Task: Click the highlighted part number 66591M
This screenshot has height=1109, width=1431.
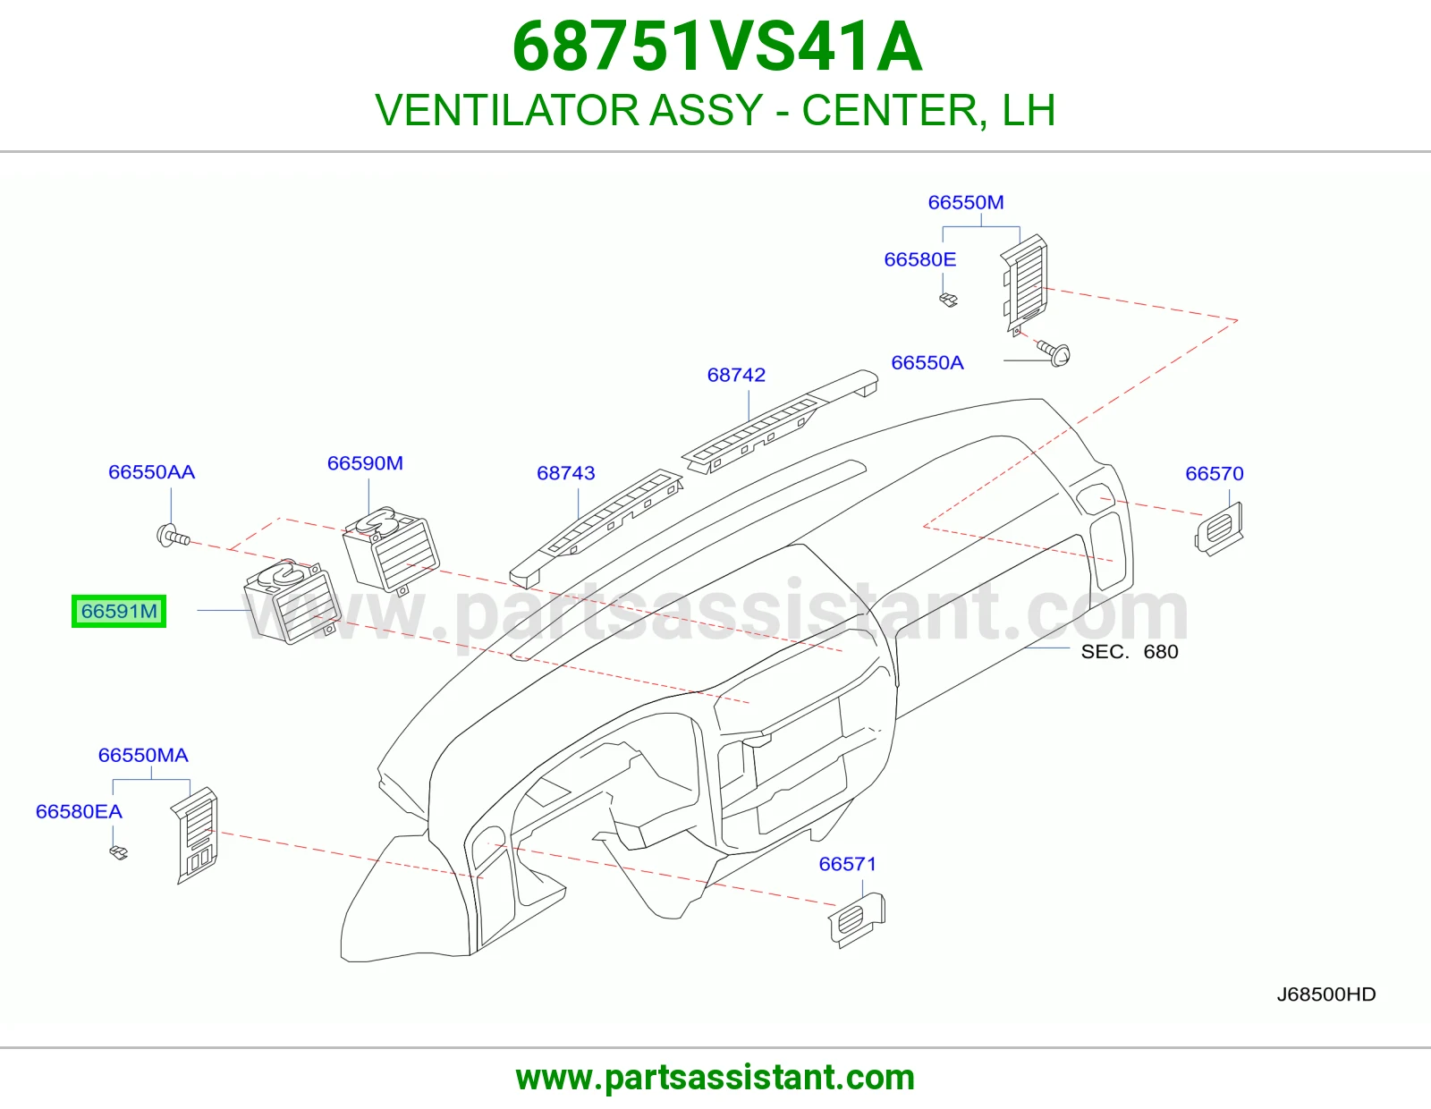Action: tap(119, 611)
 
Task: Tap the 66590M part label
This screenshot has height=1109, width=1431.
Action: tap(365, 463)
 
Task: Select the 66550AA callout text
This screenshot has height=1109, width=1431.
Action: tap(151, 472)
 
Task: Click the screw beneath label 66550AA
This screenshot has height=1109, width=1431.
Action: tap(174, 536)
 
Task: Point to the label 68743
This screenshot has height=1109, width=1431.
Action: tap(565, 473)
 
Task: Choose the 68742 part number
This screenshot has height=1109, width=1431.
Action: tap(736, 375)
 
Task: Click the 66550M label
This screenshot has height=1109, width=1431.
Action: tap(966, 202)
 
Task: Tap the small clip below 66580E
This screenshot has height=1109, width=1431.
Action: tap(948, 301)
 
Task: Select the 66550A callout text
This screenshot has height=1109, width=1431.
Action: tap(927, 363)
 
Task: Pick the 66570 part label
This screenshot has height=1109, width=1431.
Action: tap(1215, 473)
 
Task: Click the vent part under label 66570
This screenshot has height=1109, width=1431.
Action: tap(1219, 529)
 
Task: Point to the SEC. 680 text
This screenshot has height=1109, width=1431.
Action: tap(1130, 651)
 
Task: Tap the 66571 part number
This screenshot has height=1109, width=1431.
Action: tap(848, 864)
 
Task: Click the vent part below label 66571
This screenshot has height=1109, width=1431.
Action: tap(857, 919)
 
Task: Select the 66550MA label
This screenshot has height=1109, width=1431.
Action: tap(144, 755)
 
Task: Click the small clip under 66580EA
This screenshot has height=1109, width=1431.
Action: tap(119, 853)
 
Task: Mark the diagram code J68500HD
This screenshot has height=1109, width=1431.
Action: tap(1326, 995)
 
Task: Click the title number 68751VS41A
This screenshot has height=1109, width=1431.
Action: tap(717, 47)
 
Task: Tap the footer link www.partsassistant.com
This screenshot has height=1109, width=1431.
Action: tap(715, 1078)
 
